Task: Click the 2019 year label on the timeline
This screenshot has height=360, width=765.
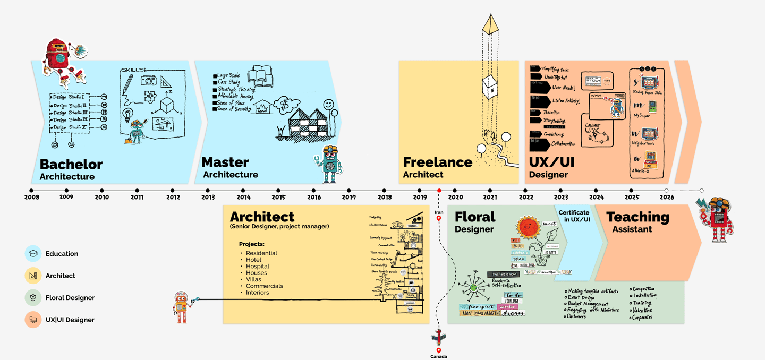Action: tap(420, 198)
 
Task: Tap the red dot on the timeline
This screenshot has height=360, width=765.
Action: tap(439, 191)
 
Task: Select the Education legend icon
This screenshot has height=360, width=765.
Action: tap(33, 254)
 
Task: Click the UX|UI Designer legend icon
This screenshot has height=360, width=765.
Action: tap(33, 320)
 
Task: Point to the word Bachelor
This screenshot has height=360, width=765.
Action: tap(71, 164)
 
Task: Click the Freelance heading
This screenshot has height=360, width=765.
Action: tap(437, 162)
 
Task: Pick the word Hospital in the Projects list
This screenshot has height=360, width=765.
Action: tap(258, 266)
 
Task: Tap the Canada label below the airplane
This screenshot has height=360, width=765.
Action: tap(439, 356)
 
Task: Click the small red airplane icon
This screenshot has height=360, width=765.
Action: tap(438, 336)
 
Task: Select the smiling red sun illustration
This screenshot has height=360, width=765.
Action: tap(528, 228)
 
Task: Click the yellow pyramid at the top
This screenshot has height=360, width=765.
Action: tap(490, 24)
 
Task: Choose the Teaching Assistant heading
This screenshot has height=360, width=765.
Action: tap(637, 222)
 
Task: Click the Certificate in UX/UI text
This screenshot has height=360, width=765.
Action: tap(574, 216)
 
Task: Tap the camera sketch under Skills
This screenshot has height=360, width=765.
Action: tap(148, 80)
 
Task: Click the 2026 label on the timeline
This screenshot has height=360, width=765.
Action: tap(667, 198)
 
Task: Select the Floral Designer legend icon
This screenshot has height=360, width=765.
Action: tap(33, 298)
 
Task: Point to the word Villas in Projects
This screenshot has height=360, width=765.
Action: tap(253, 279)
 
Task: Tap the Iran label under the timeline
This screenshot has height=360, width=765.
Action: tap(439, 212)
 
